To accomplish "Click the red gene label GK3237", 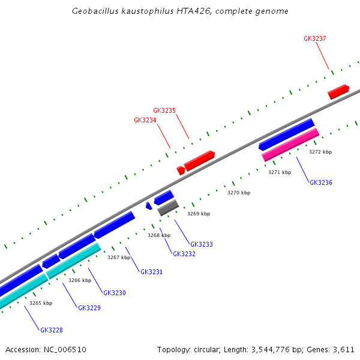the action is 315,38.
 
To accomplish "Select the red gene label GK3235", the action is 164,110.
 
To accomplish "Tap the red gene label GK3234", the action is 145,120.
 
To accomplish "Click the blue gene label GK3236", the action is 321,182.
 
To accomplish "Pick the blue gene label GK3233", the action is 202,244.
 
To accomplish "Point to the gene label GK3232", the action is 184,254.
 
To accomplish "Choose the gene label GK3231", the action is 152,272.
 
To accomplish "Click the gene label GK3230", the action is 115,293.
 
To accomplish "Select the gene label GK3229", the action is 89,308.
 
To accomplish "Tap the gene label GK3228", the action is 52,330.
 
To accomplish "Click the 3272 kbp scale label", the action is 320,152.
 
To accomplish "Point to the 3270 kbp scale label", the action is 239,193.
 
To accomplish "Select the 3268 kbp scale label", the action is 159,235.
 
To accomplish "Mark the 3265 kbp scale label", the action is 41,303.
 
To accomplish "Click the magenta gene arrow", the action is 290,145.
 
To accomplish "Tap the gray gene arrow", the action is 168,208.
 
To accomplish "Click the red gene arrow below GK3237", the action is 338,92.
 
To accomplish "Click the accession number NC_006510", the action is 64,349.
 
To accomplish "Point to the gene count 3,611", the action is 343,349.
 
